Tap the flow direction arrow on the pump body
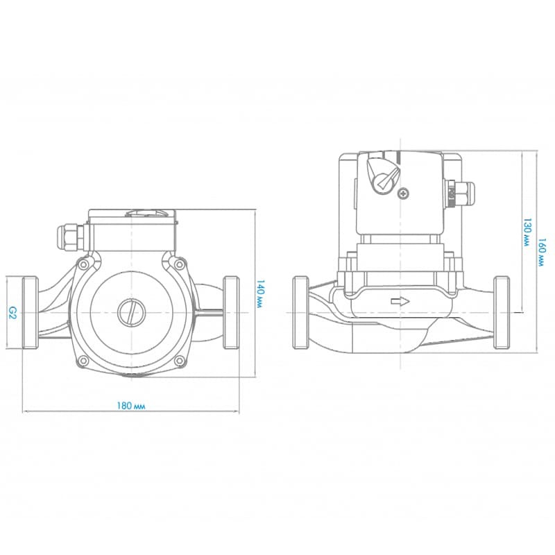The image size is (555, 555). coord(401,302)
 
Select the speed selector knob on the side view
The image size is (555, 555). coord(384,176)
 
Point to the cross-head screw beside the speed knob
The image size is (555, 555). coord(404,194)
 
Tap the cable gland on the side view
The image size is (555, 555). coord(458,193)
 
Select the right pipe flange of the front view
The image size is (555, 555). coord(232,312)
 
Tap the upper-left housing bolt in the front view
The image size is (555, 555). coord(83,265)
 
